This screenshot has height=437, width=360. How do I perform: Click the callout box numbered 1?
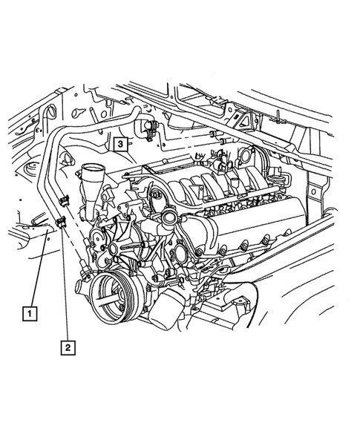click(30, 313)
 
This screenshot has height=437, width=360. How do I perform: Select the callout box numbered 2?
click(68, 345)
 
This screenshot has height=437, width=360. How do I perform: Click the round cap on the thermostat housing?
click(168, 220)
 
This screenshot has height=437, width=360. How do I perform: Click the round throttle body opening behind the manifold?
click(245, 160)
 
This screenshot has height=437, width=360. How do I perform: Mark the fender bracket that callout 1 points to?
click(45, 223)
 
